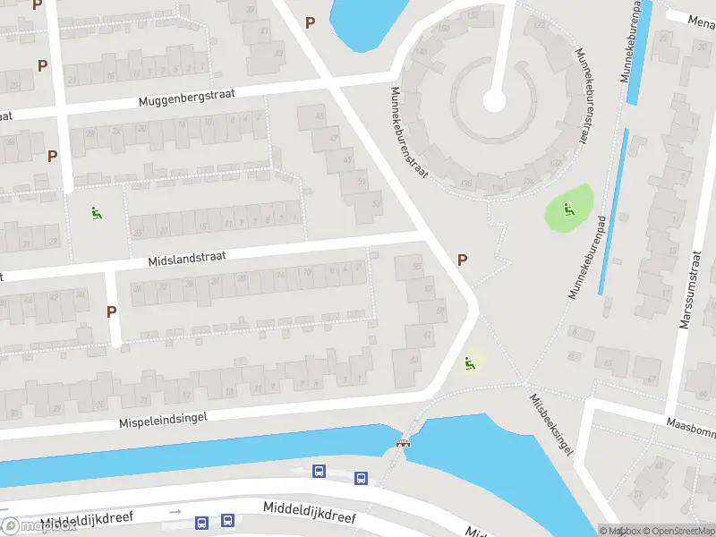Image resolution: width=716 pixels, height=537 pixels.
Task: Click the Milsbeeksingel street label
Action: [550, 425]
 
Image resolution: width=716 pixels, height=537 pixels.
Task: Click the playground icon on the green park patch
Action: [567, 210]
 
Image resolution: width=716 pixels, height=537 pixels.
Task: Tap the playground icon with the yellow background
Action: [468, 362]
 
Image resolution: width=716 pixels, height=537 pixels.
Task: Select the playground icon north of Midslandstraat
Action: [96, 212]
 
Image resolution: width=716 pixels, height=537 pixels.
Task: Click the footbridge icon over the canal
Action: [404, 442]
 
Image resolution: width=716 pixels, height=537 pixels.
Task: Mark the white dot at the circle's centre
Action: [493, 99]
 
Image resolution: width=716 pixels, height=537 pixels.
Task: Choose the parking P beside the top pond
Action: [311, 22]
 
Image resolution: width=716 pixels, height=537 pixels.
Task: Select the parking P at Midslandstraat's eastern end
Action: [462, 260]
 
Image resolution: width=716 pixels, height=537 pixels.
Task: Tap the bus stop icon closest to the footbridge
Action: [361, 478]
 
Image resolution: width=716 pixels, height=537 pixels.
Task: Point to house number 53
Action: [376, 203]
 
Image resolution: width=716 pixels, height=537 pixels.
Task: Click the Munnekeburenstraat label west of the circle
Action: [411, 131]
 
